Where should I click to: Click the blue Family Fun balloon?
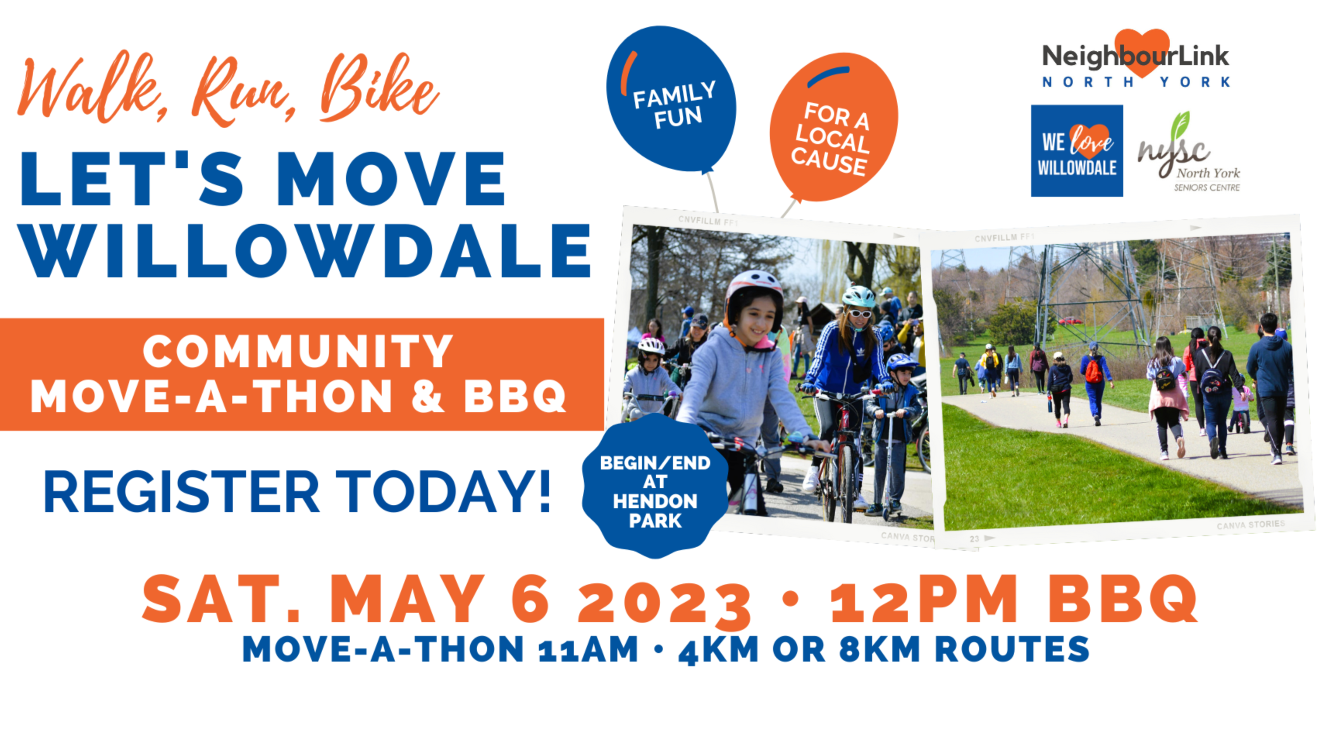coord(671,99)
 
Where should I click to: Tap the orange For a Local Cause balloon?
coord(833,127)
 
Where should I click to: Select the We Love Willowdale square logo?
coord(1076,151)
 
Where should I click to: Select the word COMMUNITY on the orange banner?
coord(298,351)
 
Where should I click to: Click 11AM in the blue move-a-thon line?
coord(588,650)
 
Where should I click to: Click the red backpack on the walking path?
coord(1094,371)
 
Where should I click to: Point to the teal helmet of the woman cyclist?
coord(859,296)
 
